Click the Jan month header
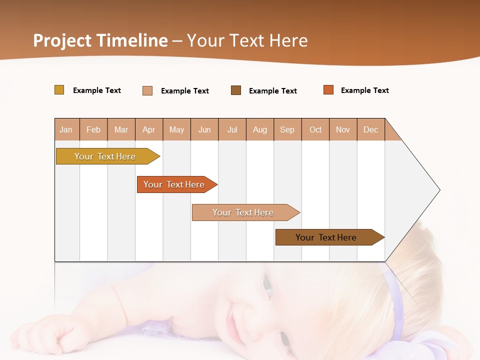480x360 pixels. (66, 129)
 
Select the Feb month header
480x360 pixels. (93, 129)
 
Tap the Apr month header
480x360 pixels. (148, 129)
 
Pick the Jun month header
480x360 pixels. (204, 129)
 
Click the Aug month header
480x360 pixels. (259, 129)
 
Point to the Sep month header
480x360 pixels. (287, 129)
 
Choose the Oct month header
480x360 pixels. (315, 129)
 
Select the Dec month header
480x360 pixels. (370, 129)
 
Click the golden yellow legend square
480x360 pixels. (59, 90)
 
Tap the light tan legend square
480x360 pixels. (147, 90)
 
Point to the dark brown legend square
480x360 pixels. (236, 90)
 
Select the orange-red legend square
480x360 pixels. (328, 90)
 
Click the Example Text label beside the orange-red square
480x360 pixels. (364, 90)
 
